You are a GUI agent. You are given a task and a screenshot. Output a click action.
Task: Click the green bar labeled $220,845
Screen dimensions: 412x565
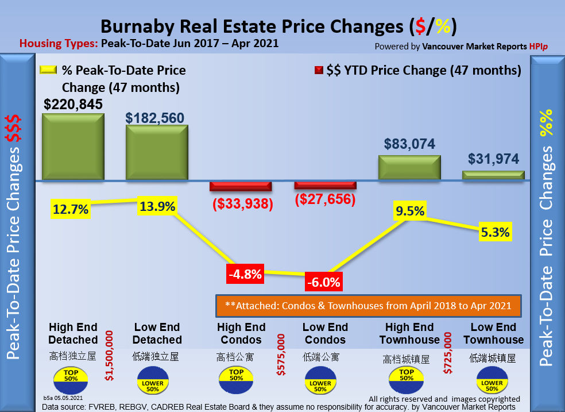click(73, 147)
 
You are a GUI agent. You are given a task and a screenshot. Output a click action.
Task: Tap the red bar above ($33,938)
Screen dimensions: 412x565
click(240, 186)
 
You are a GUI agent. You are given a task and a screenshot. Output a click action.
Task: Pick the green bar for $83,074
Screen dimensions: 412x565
click(409, 168)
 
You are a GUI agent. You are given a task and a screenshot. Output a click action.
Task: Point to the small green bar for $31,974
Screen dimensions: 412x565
click(493, 175)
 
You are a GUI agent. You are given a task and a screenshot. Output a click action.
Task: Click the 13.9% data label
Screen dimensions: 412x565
click(157, 207)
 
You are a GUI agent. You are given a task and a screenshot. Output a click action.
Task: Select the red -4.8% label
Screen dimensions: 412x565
click(244, 274)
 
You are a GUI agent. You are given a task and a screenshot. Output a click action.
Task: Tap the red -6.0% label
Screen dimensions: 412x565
click(324, 282)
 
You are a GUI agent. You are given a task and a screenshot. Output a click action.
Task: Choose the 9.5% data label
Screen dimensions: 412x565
click(409, 211)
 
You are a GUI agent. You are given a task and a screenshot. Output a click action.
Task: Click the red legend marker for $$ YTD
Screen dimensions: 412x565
click(318, 71)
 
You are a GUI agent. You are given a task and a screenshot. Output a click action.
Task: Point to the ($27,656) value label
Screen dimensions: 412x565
click(325, 199)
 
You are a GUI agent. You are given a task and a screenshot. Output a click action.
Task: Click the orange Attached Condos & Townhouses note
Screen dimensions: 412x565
click(367, 306)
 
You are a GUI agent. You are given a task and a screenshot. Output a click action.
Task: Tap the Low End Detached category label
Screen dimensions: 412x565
click(157, 334)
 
